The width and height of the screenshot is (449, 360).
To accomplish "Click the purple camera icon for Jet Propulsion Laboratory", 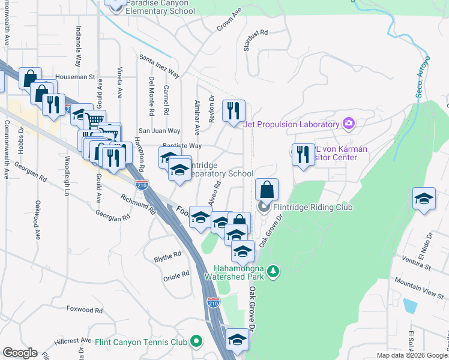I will pos(348,124).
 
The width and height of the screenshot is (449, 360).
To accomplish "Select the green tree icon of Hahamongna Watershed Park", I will pos(273,271).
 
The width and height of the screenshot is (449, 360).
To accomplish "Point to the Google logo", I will pos(20,353).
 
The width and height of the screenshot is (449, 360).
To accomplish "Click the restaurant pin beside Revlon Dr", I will pos(234,111).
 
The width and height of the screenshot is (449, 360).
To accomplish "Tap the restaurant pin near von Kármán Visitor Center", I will pos(303,155).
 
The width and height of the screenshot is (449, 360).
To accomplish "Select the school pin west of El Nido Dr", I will pos(424,199).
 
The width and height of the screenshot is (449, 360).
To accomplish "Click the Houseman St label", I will pos(75,77).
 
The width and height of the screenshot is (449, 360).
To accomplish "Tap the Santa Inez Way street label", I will pos(160,66).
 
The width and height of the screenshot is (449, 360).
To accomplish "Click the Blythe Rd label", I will pos(167,255).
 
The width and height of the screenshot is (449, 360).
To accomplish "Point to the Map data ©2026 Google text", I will pos(412,355).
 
